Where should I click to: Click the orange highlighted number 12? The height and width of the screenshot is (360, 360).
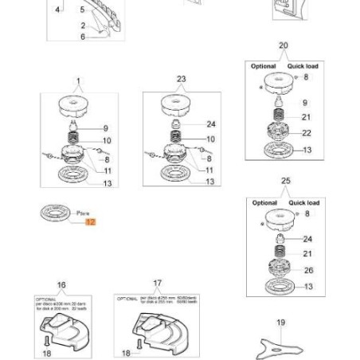pos(90,222)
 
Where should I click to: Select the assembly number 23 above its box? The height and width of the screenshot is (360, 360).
pos(181,79)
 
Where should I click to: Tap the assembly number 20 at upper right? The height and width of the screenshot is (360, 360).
pos(284,46)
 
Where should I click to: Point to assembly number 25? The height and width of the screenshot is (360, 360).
pos(286,182)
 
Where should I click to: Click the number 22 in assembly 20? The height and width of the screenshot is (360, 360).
pos(307,133)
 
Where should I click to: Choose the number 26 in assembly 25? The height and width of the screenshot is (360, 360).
pos(308,270)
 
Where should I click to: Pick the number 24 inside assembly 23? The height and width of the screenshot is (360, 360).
pos(210,124)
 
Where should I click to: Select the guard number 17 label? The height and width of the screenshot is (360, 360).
pos(157,283)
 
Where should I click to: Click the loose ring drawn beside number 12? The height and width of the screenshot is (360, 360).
pos(55,213)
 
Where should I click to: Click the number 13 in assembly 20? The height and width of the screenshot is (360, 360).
pos(307,149)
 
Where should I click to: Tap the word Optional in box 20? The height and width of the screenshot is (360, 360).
pos(263,66)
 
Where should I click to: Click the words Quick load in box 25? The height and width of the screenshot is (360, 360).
pos(303,203)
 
